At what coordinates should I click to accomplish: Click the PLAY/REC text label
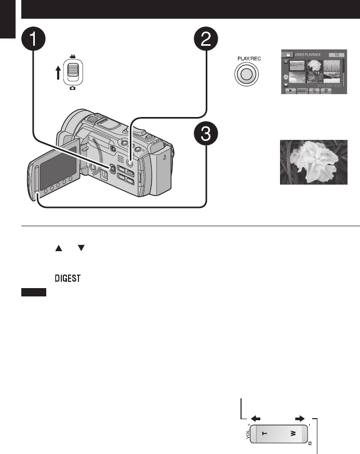[247, 59]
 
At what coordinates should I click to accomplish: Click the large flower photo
[314, 162]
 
